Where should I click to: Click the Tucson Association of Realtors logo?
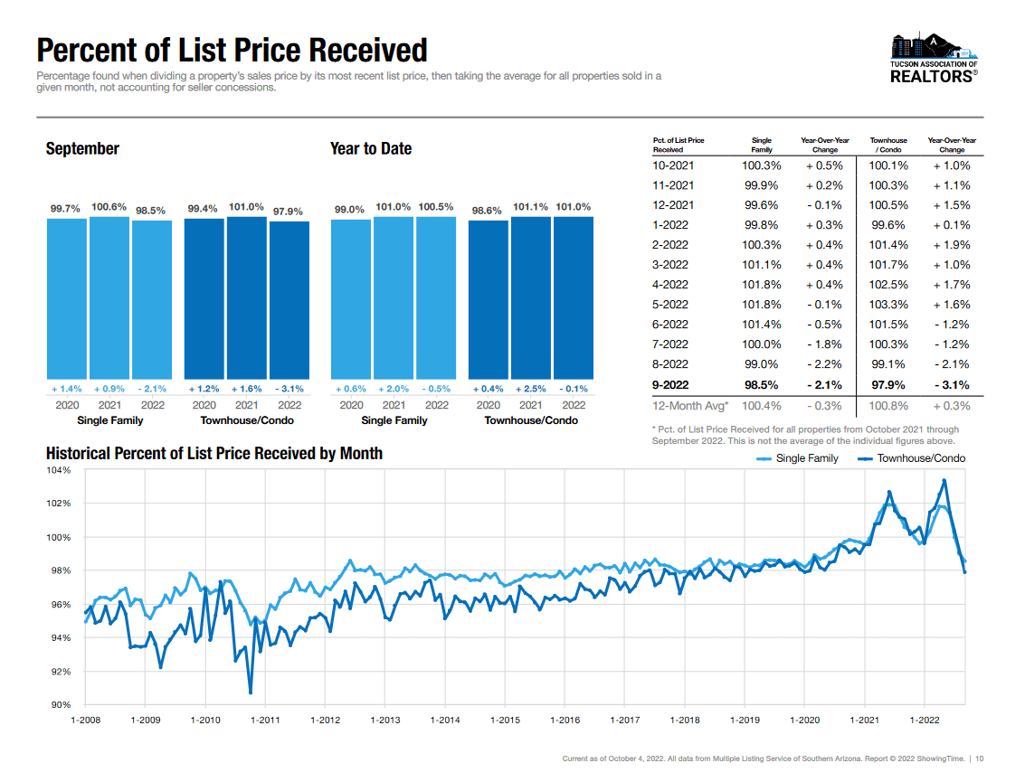tap(935, 59)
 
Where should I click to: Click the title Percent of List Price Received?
tap(232, 50)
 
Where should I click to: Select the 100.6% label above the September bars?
tap(109, 207)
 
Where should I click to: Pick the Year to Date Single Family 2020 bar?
tap(351, 299)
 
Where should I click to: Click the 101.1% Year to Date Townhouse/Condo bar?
tap(530, 298)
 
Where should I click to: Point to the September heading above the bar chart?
tap(82, 148)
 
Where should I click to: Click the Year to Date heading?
tap(371, 148)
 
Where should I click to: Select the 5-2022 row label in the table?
tap(670, 305)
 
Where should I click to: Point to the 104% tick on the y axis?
tap(59, 471)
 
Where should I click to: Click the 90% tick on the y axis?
tap(61, 704)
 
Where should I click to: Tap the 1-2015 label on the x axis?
tap(505, 720)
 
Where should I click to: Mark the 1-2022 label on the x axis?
tap(924, 720)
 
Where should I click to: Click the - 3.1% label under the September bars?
tap(289, 389)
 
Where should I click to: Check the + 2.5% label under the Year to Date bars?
tap(530, 389)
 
